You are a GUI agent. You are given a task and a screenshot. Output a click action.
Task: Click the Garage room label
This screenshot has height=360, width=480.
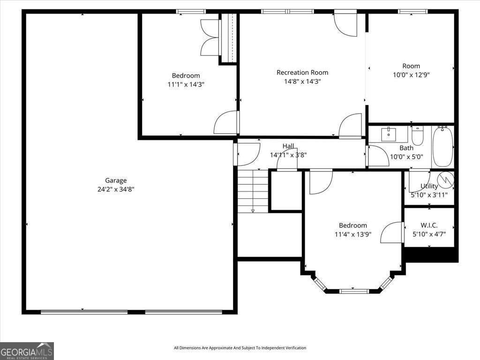[x=116, y=180]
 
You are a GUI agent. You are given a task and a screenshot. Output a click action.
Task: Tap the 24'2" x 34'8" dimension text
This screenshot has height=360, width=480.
[x=116, y=189]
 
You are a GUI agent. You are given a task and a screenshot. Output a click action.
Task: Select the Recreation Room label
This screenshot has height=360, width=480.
[x=302, y=73]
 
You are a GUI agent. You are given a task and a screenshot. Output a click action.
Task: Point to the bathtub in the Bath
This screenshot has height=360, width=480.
[x=443, y=146]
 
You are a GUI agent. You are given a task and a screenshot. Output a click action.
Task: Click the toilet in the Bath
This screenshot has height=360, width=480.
[x=417, y=135]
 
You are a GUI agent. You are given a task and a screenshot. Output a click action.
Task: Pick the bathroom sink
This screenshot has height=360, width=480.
[x=389, y=135]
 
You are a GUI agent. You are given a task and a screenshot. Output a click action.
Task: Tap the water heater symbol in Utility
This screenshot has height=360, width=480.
[x=445, y=180]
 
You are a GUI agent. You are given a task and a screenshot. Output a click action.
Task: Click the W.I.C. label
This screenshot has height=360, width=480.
[x=429, y=225]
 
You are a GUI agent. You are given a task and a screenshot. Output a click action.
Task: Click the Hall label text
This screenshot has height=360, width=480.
[x=288, y=146]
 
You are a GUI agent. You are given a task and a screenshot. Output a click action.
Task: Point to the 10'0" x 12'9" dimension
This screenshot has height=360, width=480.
[x=411, y=75]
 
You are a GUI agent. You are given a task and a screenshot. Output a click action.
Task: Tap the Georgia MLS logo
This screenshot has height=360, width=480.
[x=27, y=351]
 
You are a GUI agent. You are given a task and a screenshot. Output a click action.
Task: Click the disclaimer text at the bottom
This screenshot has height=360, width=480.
[x=240, y=348]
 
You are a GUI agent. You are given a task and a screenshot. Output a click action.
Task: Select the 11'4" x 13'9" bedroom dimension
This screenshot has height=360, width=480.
[x=352, y=234]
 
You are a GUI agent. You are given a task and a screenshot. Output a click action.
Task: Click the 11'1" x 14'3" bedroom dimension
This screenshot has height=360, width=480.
[x=186, y=84]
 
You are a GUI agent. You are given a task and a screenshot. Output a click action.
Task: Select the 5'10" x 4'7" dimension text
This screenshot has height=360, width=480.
[x=429, y=234]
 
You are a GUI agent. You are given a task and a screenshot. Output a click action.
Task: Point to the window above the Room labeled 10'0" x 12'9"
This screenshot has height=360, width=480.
[x=412, y=12]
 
